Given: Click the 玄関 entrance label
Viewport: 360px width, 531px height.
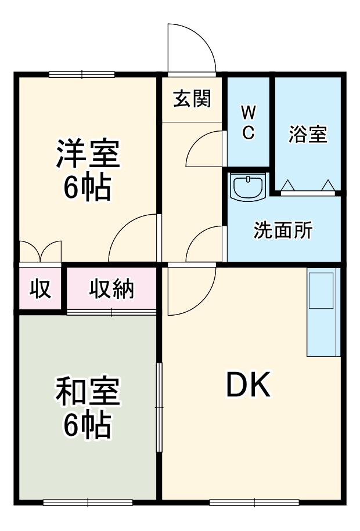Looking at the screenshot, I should coord(192,99).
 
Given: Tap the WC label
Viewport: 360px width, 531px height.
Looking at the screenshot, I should coord(248,122).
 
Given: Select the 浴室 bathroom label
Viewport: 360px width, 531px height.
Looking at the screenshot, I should coord(308,134).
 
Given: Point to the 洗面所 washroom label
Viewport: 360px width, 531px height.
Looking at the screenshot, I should coord(283,230).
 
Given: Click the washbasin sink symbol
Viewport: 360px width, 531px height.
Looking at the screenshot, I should coord(248,186).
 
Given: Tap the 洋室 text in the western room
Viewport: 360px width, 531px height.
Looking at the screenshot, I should coord(88,154).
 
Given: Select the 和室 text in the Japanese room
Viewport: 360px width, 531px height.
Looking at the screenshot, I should coord(88,393).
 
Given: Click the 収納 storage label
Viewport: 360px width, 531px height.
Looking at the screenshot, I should coord(111,288).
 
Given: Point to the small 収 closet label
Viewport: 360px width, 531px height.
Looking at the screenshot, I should coord(40,288).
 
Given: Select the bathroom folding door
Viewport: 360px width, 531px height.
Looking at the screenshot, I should coord(308,187).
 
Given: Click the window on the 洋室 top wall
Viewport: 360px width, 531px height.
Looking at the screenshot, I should coord(81,74).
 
